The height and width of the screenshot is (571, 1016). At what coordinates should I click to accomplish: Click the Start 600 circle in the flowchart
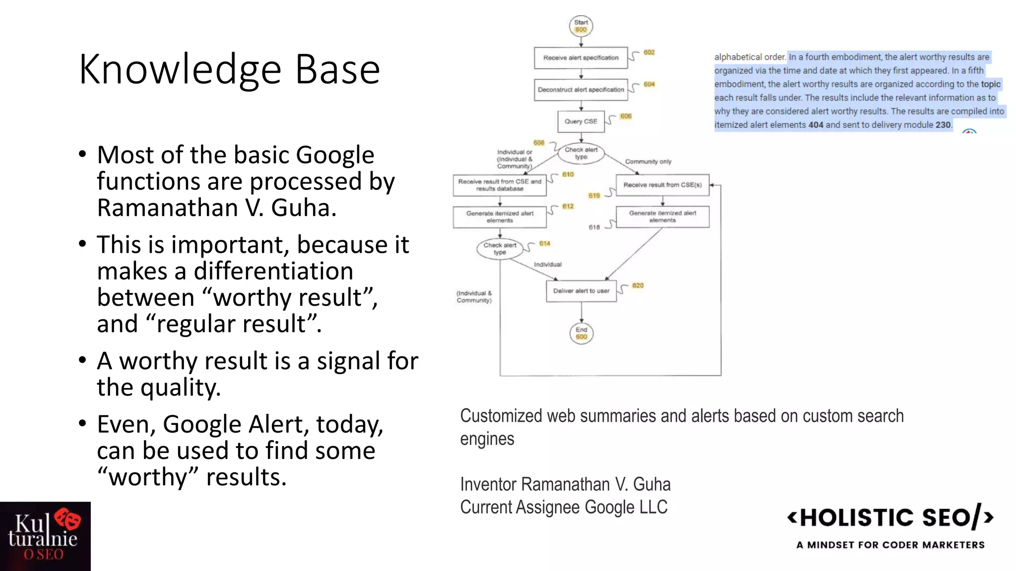(x=581, y=26)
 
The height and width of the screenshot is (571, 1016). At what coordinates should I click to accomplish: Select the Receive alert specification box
(x=580, y=58)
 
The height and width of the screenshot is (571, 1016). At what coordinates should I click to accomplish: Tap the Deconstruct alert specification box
(x=580, y=90)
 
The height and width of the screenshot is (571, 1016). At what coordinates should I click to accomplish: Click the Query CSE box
(x=581, y=121)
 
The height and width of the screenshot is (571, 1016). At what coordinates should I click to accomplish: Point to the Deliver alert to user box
(x=581, y=291)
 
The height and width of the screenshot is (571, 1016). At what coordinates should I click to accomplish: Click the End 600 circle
(x=581, y=333)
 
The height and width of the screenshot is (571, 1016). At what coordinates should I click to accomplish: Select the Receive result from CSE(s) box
(x=662, y=185)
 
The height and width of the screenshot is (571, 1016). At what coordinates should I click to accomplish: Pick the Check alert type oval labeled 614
(x=500, y=249)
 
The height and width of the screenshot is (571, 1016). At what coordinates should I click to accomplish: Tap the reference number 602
(x=649, y=53)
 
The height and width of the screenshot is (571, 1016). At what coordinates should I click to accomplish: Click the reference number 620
(x=637, y=285)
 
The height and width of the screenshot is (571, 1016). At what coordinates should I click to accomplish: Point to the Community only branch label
(x=648, y=162)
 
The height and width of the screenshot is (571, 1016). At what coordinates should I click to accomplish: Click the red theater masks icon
(x=68, y=519)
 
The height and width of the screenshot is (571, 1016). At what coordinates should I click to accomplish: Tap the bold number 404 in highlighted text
(x=816, y=125)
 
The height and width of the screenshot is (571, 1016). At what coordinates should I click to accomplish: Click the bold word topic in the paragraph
(x=990, y=84)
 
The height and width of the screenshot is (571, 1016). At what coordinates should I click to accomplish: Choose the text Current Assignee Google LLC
(x=564, y=507)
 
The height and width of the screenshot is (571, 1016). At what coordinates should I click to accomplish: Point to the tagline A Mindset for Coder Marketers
(x=890, y=545)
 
